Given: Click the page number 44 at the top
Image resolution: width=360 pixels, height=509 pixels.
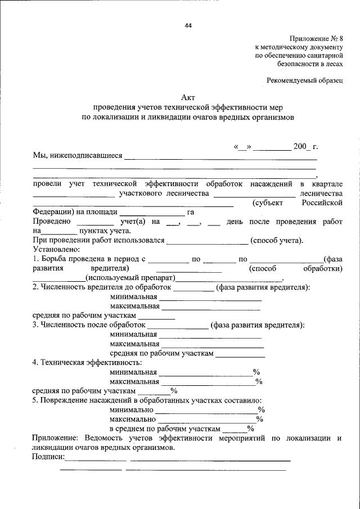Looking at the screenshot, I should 188,25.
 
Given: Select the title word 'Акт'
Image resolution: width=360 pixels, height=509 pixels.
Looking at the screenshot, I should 188,98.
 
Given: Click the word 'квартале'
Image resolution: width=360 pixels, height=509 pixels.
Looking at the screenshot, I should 327,184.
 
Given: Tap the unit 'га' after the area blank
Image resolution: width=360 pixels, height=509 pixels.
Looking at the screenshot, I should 191,212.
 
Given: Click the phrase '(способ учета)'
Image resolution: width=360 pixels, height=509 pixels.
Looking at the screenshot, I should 277,241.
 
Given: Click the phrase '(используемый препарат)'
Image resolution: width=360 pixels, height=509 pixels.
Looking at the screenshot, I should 130,278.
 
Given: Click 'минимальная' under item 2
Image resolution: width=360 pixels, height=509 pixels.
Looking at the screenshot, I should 133,297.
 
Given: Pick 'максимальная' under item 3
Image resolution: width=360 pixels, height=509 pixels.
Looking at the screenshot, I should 135,344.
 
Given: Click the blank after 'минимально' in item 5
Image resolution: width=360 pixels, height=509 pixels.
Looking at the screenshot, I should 208,409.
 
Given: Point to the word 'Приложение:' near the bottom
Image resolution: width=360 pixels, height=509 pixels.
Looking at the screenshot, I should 56,438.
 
